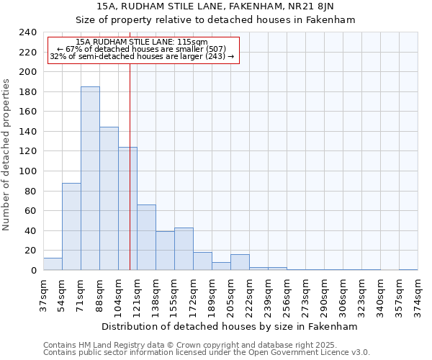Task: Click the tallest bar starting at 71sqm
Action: point(90,179)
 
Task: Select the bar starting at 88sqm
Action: point(109,199)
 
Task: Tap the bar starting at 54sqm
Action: point(71,227)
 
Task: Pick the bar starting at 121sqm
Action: point(146,238)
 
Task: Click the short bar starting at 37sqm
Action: point(53,264)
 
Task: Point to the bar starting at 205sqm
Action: point(240,263)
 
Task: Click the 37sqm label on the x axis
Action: point(43,294)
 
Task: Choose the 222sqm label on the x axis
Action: point(249,294)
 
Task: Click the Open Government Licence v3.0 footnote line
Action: point(207,353)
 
